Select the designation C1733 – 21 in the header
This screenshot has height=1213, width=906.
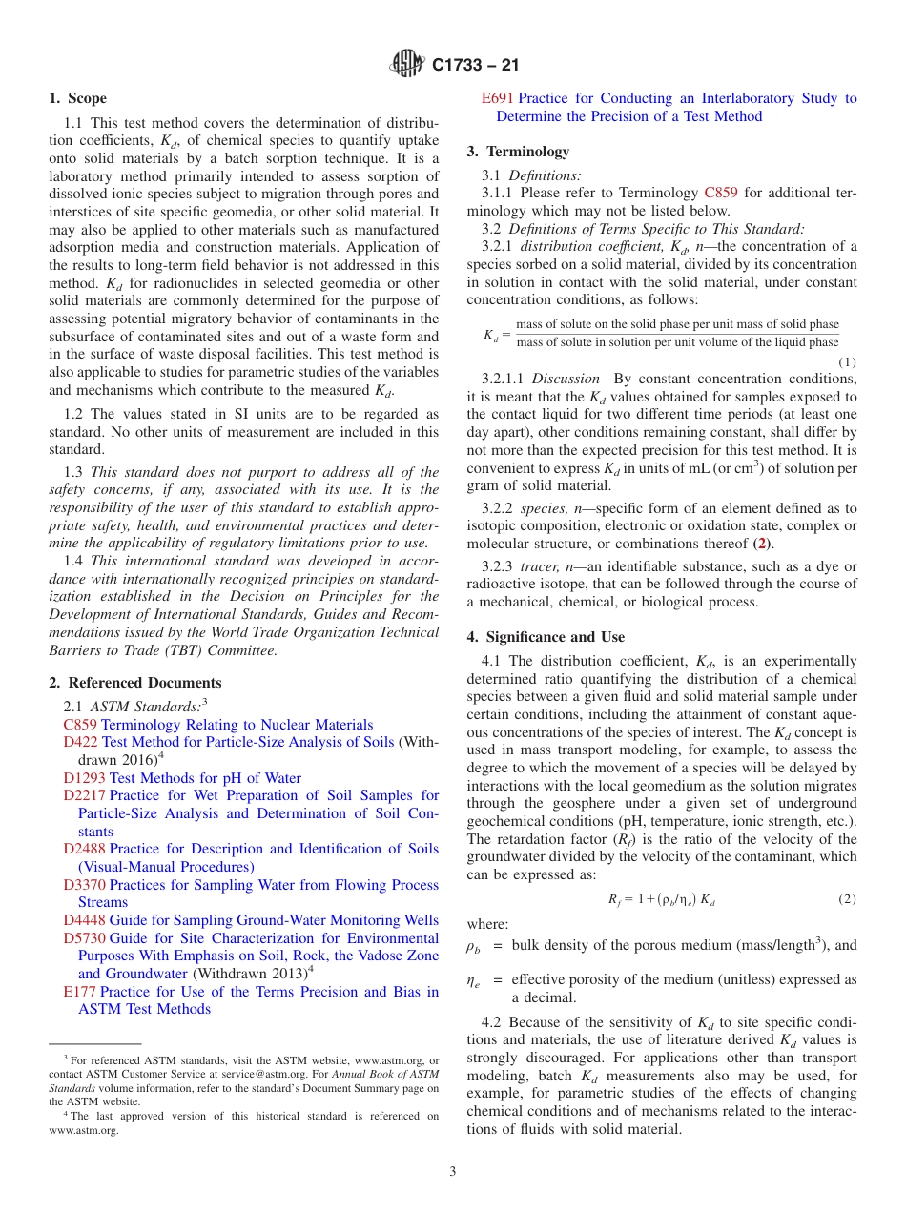point(476,66)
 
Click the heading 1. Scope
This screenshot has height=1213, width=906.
point(78,98)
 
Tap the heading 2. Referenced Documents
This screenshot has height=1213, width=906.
point(135,683)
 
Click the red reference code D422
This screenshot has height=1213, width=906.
point(80,742)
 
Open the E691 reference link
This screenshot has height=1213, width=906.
point(498,98)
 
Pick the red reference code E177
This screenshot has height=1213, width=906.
point(79,992)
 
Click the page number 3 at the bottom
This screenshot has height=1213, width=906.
point(453,1172)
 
